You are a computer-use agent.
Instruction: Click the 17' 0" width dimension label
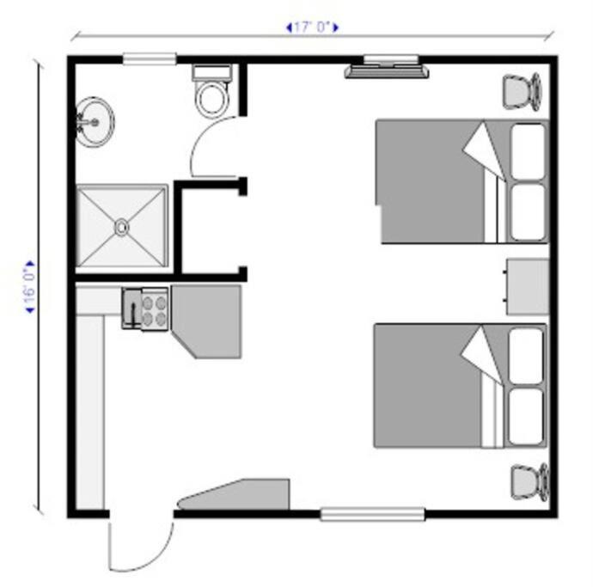point(312,28)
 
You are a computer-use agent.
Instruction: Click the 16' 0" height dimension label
point(29,287)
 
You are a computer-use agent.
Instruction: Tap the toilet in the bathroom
point(211,90)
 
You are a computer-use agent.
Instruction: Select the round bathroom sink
point(95,122)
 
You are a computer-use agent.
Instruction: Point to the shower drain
point(121,227)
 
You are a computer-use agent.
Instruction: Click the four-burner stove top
point(155,309)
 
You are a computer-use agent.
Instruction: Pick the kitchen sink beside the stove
point(131,308)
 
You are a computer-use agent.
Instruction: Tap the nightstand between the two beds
point(527,286)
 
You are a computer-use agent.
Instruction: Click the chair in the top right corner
point(522,91)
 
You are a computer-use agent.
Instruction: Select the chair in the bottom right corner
point(529,482)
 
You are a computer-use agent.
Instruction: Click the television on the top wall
point(387,71)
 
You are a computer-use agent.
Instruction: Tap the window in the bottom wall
point(372,514)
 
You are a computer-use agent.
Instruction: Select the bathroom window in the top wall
point(150,59)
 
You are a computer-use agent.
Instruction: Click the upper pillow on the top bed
point(528,151)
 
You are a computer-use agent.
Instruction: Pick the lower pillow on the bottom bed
point(526,417)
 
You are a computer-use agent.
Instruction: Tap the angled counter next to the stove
point(206,321)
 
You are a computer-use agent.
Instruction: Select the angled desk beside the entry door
point(235,495)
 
